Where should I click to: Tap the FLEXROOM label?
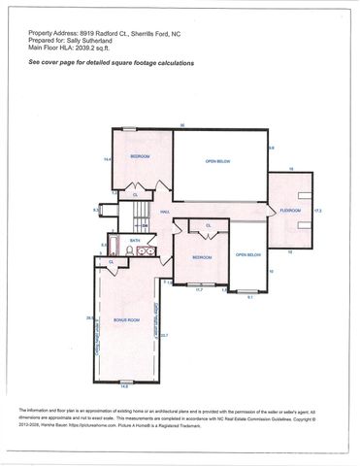pos(290,210)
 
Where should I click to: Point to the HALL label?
pos(166,211)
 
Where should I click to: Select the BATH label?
pos(135,240)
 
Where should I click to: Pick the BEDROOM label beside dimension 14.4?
pos(140,156)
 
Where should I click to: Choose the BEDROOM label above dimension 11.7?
pos(202,257)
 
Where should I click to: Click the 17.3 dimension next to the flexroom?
pos(317,210)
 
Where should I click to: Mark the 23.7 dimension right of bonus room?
pos(164,335)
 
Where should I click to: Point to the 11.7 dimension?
pos(199,289)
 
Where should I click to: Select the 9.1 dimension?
pos(249,297)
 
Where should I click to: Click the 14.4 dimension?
pos(108,158)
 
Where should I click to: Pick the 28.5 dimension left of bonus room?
pos(90,318)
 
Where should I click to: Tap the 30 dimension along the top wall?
pos(182,125)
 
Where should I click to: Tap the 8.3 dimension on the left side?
pos(95,209)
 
